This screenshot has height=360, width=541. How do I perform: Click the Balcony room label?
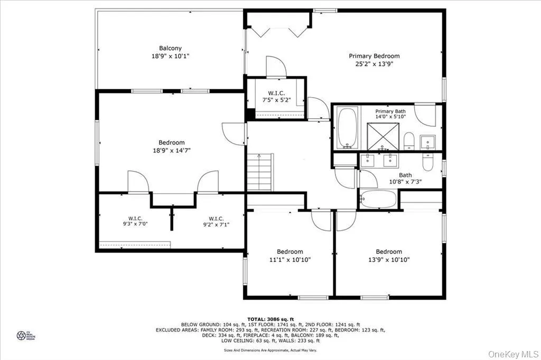pos(170,48)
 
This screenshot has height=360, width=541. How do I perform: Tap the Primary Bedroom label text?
pos(374,56)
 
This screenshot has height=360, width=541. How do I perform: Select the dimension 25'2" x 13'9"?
pos(374,64)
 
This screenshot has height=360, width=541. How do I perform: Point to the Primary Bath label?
pos(390,111)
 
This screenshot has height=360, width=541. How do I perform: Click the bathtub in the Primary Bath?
pos(348,128)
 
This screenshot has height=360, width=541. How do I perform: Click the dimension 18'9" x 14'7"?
pos(172,150)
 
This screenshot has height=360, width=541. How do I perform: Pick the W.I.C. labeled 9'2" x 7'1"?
pos(216,221)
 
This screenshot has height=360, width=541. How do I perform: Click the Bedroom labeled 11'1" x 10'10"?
pos(290,255)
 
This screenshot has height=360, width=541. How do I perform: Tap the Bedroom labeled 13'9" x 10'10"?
pos(389,255)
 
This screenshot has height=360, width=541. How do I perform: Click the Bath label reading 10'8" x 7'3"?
pos(405,179)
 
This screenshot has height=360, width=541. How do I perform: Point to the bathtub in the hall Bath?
pos(378,200)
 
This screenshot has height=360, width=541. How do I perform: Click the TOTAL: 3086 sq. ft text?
pos(270,318)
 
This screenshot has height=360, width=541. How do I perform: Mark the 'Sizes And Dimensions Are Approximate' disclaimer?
pos(270,350)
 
